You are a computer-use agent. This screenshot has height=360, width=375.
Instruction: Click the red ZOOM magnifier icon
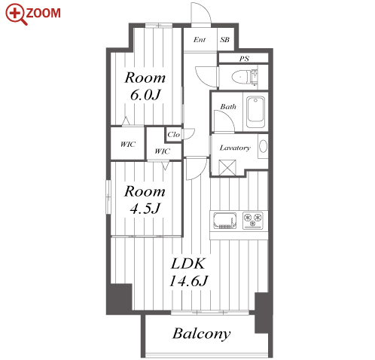(x=16, y=14)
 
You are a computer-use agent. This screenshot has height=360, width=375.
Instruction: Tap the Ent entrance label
(x=200, y=39)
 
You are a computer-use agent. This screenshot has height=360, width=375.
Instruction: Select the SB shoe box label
(x=225, y=40)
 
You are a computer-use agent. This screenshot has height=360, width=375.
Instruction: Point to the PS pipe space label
(x=244, y=59)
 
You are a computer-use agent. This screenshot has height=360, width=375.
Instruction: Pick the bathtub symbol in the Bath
(x=255, y=112)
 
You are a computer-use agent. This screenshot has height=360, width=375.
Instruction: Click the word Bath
(x=228, y=107)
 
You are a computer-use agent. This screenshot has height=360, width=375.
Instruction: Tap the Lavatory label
(x=235, y=148)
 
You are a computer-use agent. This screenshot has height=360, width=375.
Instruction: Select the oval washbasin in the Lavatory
(x=263, y=146)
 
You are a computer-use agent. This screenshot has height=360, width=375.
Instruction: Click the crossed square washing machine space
(x=227, y=168)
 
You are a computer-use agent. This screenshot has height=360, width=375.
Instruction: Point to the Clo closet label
(x=173, y=135)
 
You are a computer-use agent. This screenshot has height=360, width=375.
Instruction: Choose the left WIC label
(x=128, y=144)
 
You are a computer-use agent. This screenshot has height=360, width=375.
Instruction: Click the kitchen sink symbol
(x=225, y=221)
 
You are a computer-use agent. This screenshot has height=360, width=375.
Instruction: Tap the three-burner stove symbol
(x=253, y=220)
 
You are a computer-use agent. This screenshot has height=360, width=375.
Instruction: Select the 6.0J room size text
(x=145, y=95)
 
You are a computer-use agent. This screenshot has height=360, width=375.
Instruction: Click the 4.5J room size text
(x=145, y=208)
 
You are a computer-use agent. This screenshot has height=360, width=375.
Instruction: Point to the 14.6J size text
(x=189, y=281)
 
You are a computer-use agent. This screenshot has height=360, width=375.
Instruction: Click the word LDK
(x=188, y=264)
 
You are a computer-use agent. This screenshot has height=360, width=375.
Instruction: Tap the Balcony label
(x=202, y=334)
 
